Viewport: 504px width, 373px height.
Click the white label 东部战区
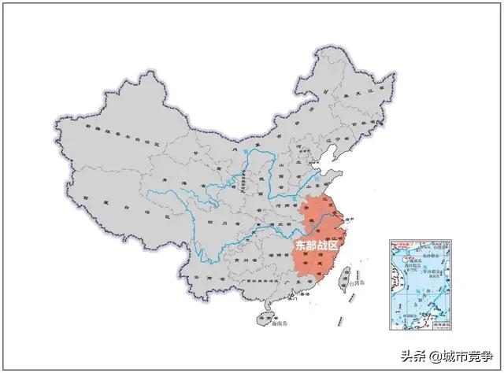(x=316, y=245)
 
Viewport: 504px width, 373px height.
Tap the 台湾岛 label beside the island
(x=357, y=280)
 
